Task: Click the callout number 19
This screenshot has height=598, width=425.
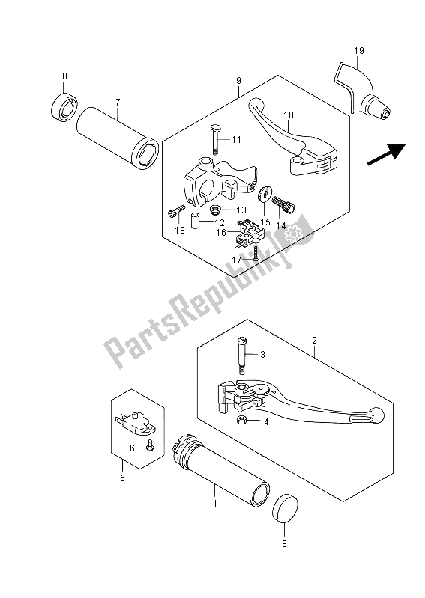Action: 358,51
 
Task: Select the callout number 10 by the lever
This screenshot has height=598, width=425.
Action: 289,115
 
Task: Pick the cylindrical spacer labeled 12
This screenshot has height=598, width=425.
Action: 196,221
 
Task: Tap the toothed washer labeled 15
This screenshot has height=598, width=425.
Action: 265,194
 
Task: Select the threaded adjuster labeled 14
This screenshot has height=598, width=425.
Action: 284,204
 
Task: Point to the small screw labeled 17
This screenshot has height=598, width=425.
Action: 255,252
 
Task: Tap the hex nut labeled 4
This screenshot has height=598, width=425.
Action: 241,421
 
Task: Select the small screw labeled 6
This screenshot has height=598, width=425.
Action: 150,445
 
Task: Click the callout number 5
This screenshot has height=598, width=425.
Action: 123,478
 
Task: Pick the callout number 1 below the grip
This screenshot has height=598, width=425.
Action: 215,504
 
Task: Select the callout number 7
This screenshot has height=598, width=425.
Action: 118,102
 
